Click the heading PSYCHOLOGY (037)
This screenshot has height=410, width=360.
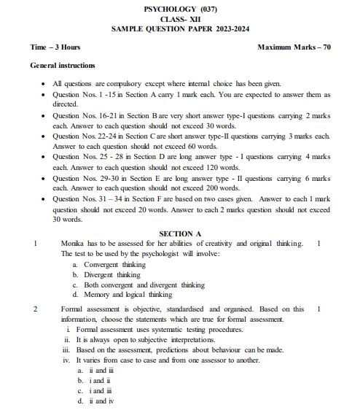coord(180,9)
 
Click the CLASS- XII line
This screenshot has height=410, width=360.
coord(180,19)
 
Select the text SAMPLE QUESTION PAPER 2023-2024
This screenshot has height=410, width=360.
coord(180,29)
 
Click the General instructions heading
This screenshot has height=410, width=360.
coord(63,66)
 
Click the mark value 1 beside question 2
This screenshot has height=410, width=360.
coord(319,309)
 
